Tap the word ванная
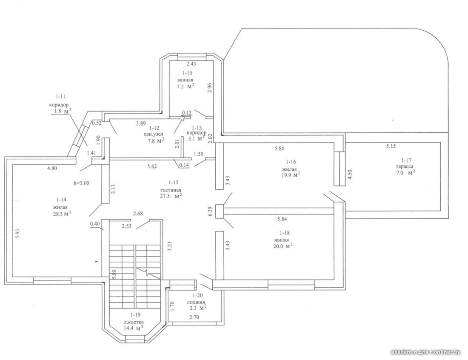[x=185, y=80]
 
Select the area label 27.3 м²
[x=171, y=196]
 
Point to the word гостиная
[x=171, y=190]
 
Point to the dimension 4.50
[x=351, y=175]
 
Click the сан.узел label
[x=154, y=134]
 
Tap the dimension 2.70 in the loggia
[x=194, y=317]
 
